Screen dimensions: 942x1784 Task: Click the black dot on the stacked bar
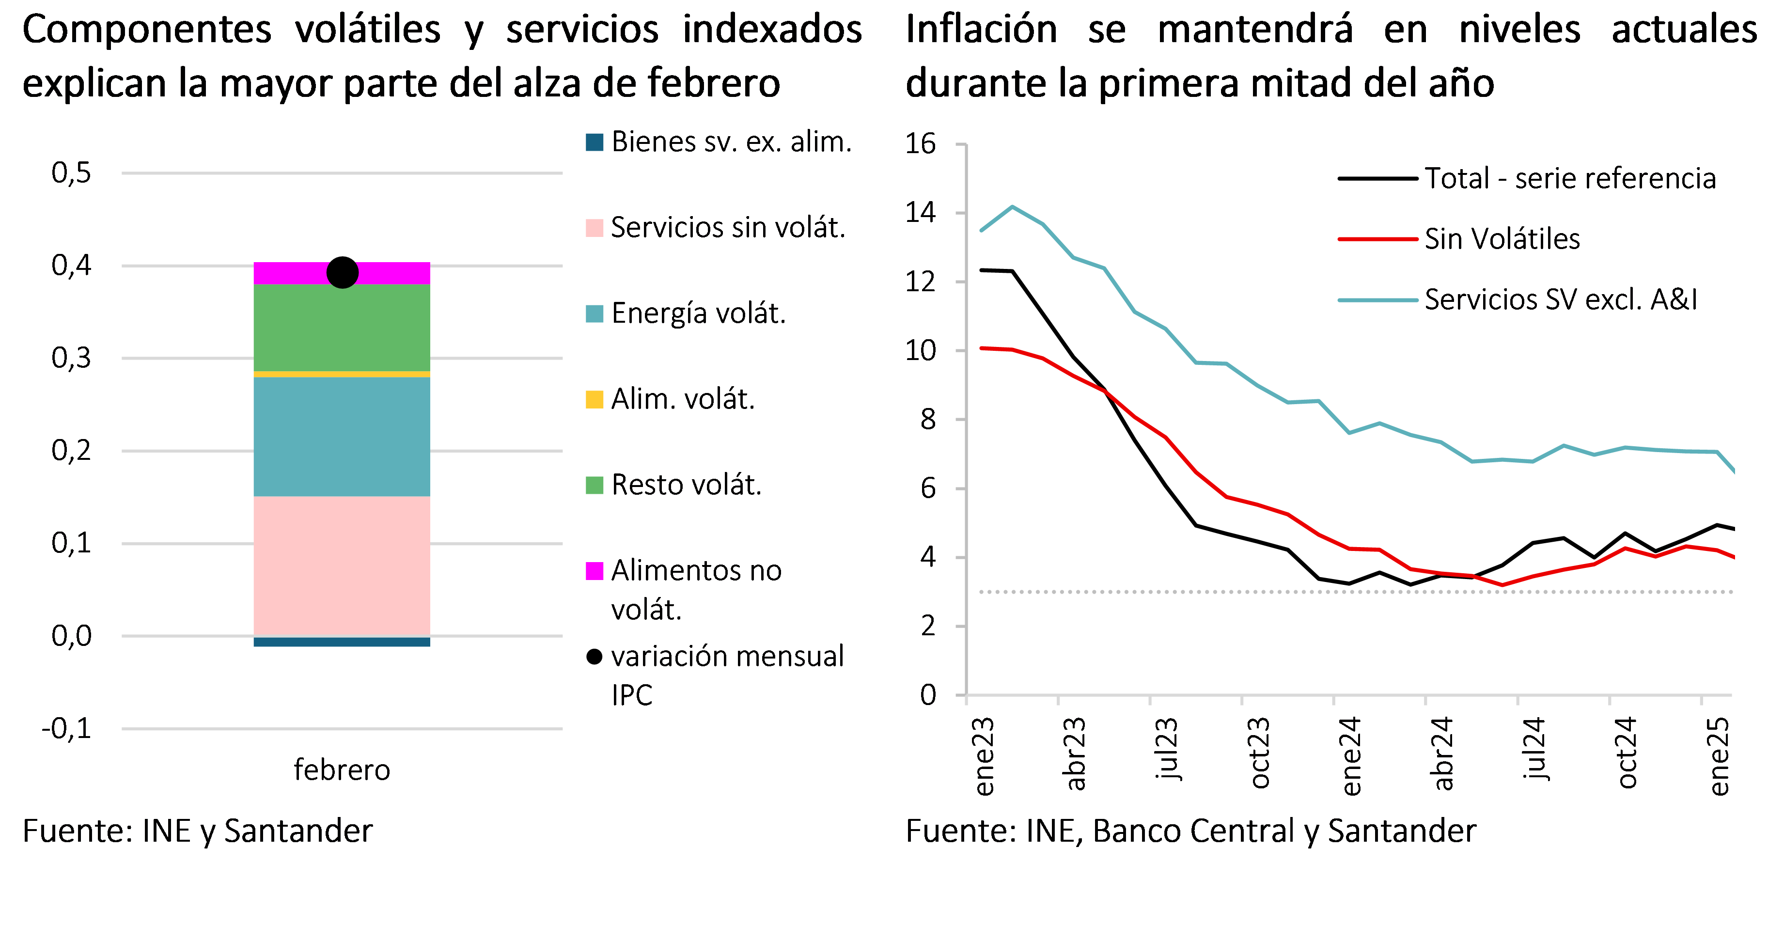click(342, 272)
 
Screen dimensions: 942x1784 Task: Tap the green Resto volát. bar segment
click(342, 328)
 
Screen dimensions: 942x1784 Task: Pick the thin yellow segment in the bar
click(342, 374)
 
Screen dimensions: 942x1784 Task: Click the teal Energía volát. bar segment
click(342, 437)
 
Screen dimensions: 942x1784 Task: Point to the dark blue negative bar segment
click(342, 642)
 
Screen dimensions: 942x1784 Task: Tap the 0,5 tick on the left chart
click(71, 173)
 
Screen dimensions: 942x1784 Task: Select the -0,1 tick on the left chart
click(67, 729)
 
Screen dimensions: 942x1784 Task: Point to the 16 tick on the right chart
click(921, 144)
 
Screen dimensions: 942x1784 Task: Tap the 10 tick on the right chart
click(921, 350)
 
